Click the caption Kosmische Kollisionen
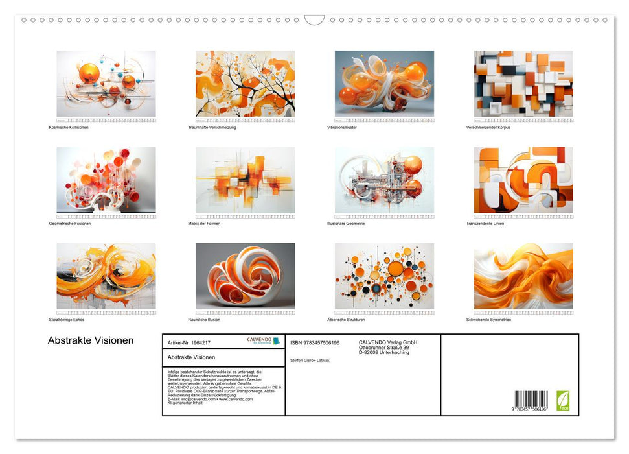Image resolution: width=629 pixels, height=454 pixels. click(x=69, y=127)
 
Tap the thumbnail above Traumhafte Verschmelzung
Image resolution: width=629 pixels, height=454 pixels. click(x=245, y=84)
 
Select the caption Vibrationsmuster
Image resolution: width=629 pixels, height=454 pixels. click(x=342, y=127)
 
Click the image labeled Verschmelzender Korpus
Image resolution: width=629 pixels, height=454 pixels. click(x=523, y=84)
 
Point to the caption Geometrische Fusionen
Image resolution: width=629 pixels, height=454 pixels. click(x=70, y=224)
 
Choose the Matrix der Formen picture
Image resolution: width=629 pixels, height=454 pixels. click(x=245, y=180)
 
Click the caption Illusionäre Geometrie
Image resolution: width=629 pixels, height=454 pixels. click(x=346, y=224)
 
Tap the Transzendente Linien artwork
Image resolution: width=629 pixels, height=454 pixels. click(x=523, y=180)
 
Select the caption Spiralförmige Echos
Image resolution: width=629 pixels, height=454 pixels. click(x=67, y=320)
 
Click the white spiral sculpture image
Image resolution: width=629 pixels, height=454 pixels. click(x=245, y=276)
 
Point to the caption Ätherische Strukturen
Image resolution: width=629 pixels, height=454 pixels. click(x=347, y=320)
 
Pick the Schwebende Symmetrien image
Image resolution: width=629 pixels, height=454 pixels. click(x=523, y=276)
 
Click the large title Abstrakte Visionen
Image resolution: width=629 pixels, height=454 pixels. click(x=91, y=340)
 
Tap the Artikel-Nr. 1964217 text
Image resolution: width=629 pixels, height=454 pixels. click(x=189, y=342)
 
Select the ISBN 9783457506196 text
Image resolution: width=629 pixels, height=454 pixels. click(x=315, y=342)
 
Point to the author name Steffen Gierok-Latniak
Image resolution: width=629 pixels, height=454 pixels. click(x=310, y=360)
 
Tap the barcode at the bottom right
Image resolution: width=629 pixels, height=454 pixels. click(x=531, y=400)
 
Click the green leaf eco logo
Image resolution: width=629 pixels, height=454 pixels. click(x=563, y=400)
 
